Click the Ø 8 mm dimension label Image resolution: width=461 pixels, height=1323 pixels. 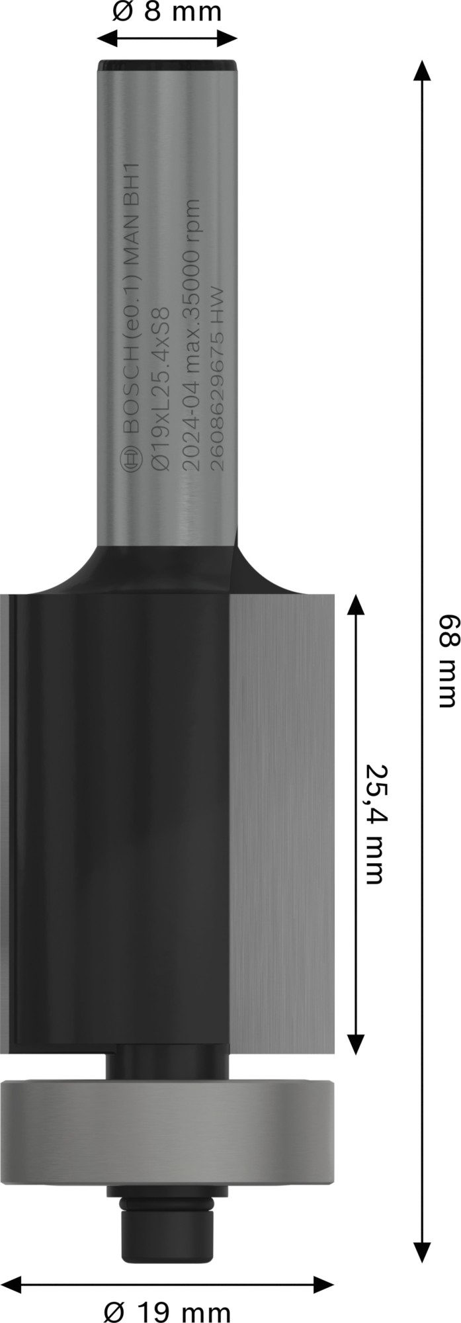pyautogui.click(x=166, y=13)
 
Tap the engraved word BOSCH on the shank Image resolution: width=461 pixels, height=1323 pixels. pyautogui.click(x=130, y=397)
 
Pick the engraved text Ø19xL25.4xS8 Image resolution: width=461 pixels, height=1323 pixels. pyautogui.click(x=159, y=384)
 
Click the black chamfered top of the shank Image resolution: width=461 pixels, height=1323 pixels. pyautogui.click(x=167, y=66)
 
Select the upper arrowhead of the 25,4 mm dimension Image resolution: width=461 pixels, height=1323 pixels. pyautogui.click(x=356, y=606)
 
